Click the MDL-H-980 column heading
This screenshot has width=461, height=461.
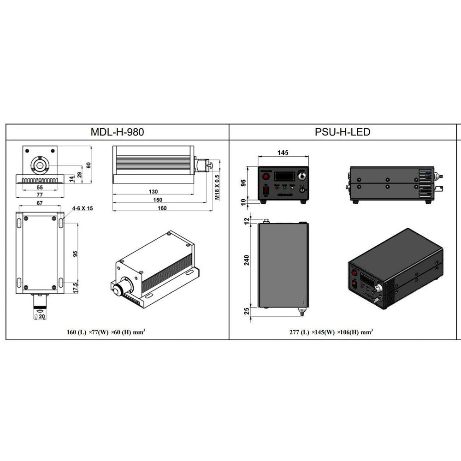(x=117, y=132)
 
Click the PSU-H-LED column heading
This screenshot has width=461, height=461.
(x=343, y=132)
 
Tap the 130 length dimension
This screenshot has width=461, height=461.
(x=153, y=191)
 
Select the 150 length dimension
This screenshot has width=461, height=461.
(x=158, y=200)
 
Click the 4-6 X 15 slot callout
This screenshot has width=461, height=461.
(x=83, y=208)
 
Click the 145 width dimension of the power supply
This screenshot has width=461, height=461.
(x=284, y=152)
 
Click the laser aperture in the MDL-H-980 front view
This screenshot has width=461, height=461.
(x=40, y=165)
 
